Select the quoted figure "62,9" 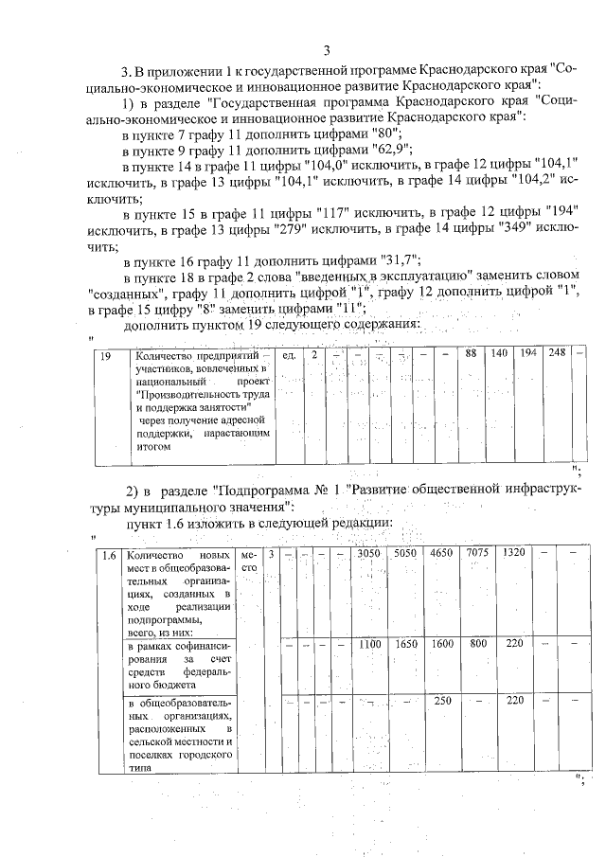click(x=379, y=151)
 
